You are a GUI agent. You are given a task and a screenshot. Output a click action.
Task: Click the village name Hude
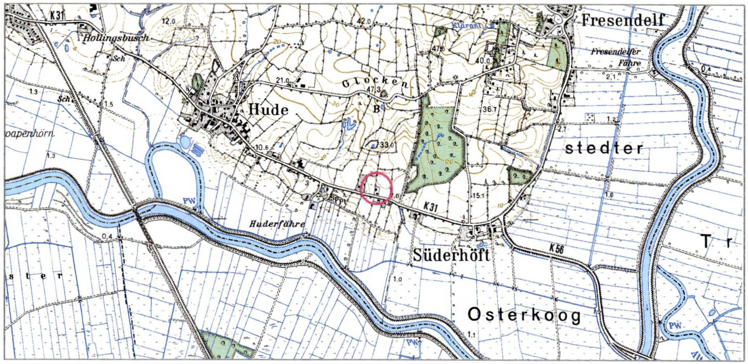[268, 109]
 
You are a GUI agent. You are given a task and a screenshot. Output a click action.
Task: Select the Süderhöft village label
[451, 255]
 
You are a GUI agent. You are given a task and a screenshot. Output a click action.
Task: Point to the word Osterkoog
[524, 315]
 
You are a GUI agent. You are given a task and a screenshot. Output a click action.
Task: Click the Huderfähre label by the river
[277, 224]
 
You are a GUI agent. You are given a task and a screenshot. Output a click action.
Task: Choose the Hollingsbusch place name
[116, 38]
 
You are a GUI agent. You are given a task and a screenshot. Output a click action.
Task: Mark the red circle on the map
[376, 188]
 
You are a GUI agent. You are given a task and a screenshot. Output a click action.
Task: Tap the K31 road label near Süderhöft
[430, 206]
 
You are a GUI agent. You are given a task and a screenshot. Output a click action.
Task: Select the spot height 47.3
[373, 89]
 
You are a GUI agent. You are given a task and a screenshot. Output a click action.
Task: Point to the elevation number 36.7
[489, 109]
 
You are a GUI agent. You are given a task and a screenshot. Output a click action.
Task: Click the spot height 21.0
[282, 80]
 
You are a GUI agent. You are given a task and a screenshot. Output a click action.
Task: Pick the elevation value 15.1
[478, 195]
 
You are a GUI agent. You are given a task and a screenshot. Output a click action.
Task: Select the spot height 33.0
[387, 145]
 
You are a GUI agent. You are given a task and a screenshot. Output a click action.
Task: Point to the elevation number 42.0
[364, 21]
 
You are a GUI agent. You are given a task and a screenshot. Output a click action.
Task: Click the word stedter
[604, 148]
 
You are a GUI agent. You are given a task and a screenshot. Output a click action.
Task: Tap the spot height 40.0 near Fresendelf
[482, 61]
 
